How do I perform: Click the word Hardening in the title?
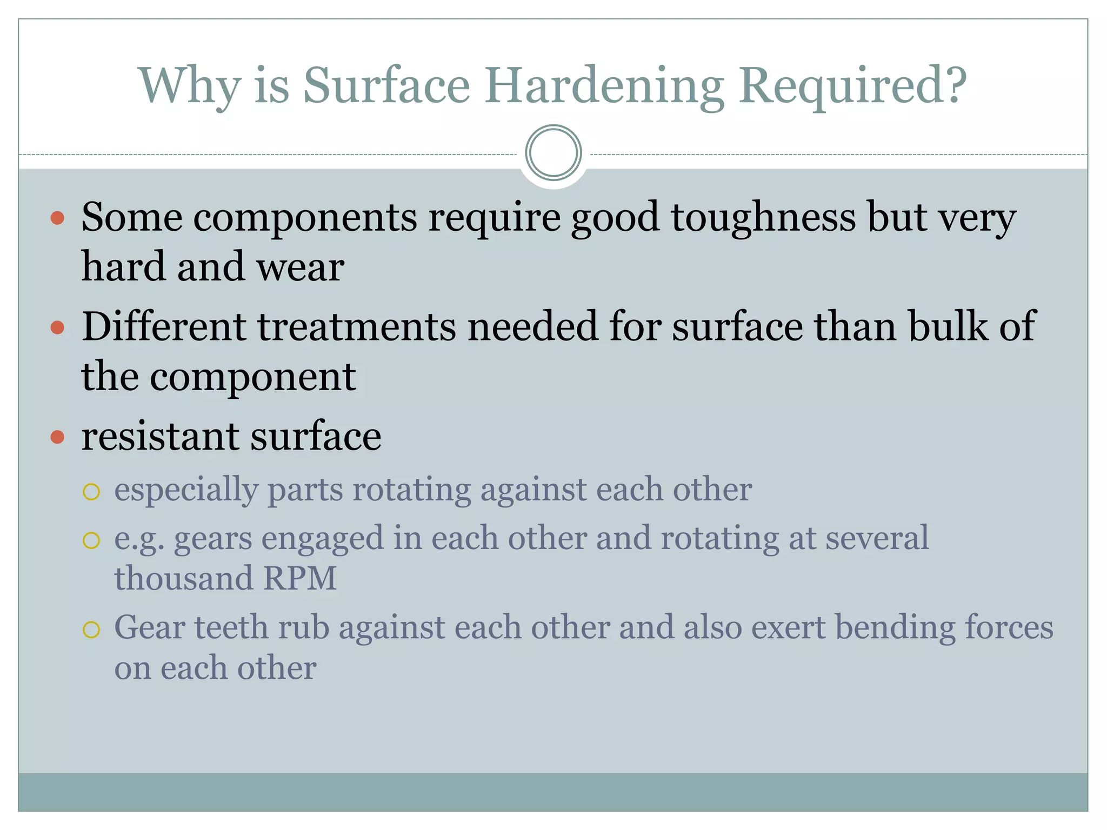pos(604,86)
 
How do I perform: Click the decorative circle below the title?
pos(553,153)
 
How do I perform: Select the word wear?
pos(300,267)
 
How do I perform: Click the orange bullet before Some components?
pos(57,218)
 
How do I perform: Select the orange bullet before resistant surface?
pos(57,437)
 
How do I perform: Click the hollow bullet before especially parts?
pos(91,492)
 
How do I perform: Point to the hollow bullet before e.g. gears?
pos(91,540)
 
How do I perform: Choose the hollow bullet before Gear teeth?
pos(91,630)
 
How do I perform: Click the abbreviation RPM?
pos(300,578)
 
